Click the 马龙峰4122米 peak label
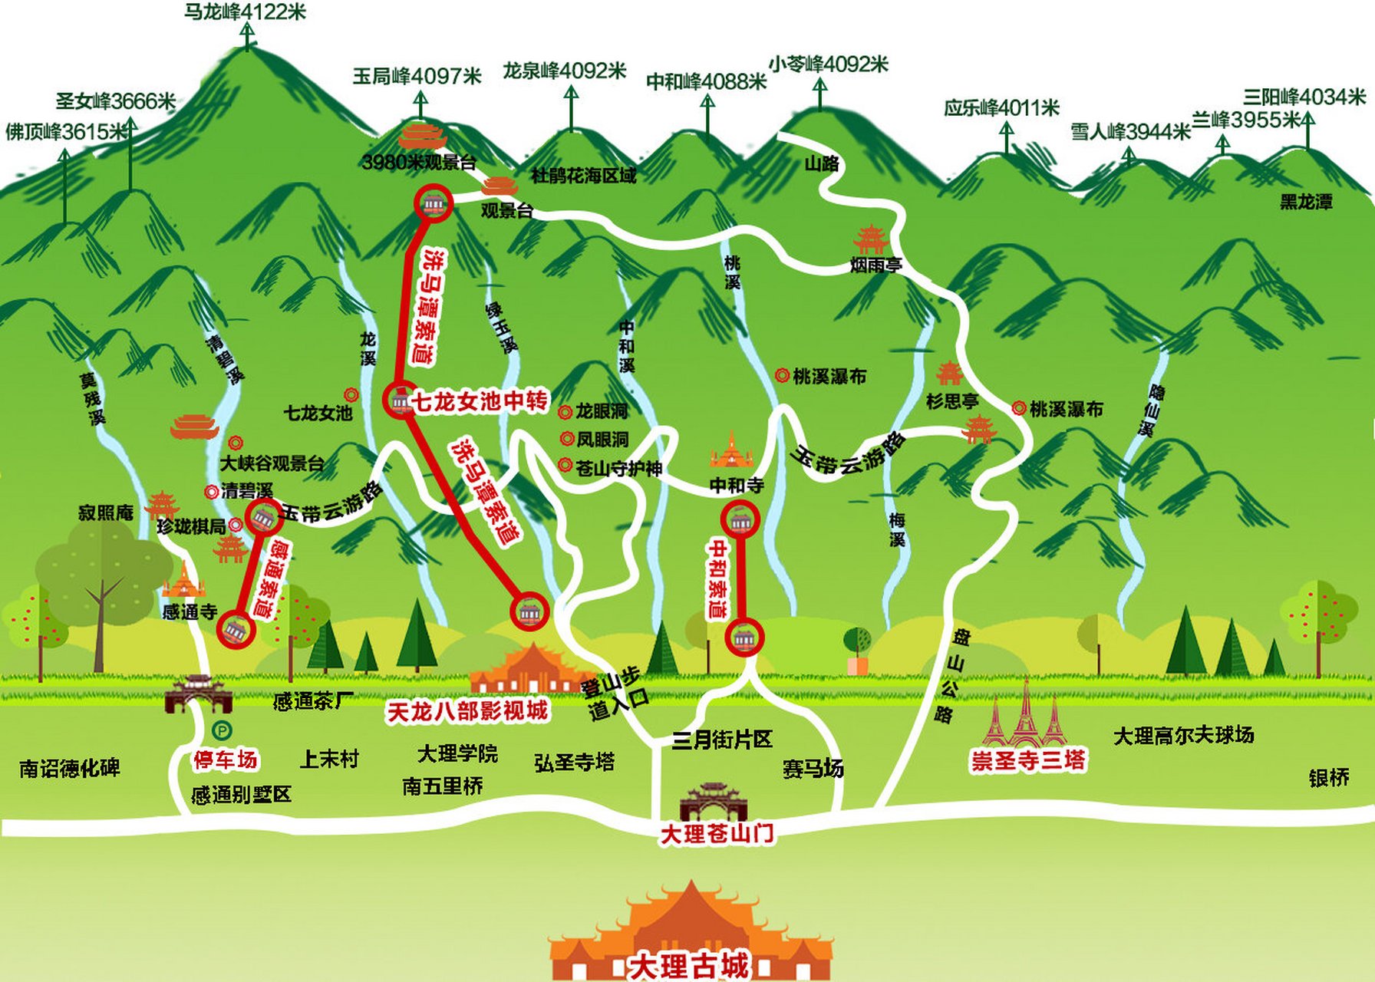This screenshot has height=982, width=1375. [x=245, y=12]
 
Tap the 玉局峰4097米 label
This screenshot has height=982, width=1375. [x=417, y=76]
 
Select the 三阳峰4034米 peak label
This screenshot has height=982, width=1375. [x=1304, y=97]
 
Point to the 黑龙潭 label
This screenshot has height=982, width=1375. [x=1306, y=202]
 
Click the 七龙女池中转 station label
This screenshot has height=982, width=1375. [x=480, y=401]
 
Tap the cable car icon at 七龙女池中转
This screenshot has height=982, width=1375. [x=400, y=400]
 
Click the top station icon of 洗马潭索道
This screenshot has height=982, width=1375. [x=434, y=203]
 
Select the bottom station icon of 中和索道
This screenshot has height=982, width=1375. [x=744, y=637]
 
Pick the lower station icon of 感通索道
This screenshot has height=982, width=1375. [x=236, y=630]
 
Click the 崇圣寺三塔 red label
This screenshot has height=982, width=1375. [x=1028, y=760]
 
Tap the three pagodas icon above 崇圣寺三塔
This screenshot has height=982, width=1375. [x=1026, y=716]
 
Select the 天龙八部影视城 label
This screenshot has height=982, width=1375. [x=467, y=711]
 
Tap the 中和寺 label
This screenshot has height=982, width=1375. [x=737, y=485]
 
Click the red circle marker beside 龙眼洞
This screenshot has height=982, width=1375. [x=565, y=413]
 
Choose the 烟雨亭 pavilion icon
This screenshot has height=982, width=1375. [x=870, y=239]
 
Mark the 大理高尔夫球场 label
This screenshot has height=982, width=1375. [x=1183, y=736]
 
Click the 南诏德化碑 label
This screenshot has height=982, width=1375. [x=70, y=768]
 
